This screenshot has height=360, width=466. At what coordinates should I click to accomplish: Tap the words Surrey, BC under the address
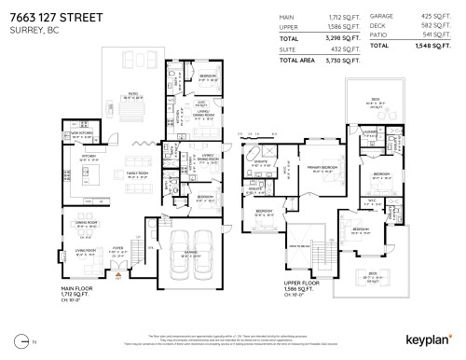[x=29, y=27]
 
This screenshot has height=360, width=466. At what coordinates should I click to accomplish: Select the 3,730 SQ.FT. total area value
[x=342, y=60]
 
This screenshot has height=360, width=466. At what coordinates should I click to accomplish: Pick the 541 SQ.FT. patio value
[x=432, y=36]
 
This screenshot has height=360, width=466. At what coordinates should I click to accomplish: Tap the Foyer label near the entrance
[x=118, y=248]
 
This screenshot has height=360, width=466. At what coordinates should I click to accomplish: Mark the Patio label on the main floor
[x=132, y=93]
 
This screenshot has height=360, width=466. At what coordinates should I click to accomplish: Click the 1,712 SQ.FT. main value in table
[x=342, y=17]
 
